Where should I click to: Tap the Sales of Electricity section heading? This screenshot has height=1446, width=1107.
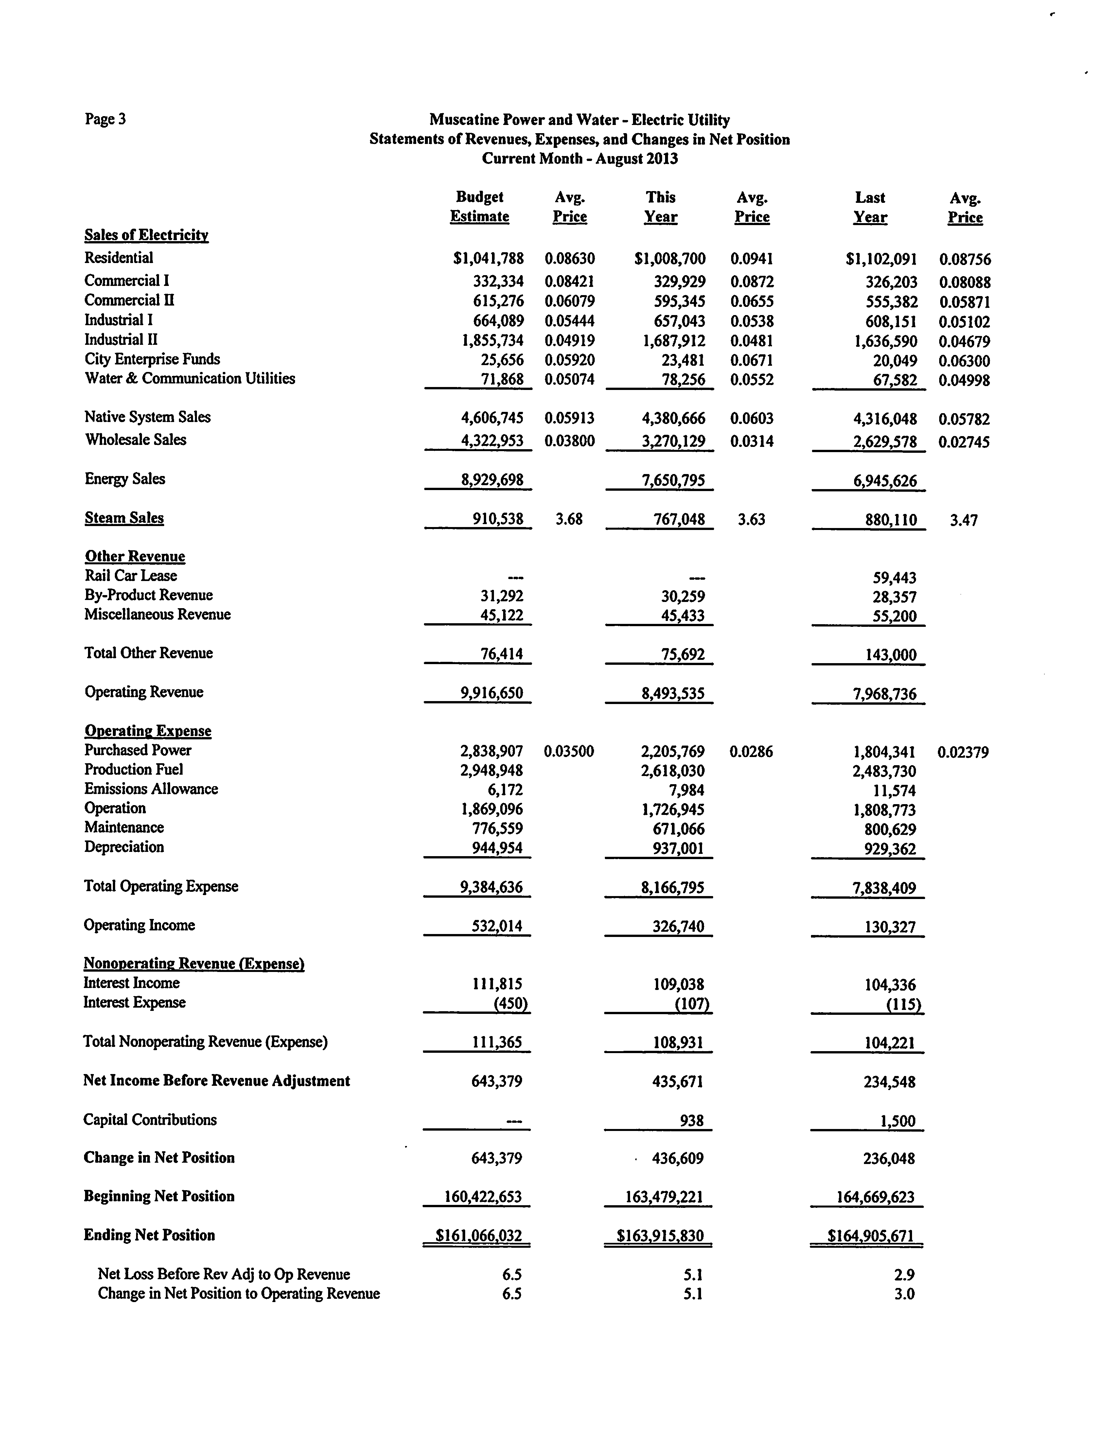tap(146, 235)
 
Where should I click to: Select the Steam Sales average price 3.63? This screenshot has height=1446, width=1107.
tap(751, 519)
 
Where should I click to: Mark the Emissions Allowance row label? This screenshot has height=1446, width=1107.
tap(151, 789)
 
